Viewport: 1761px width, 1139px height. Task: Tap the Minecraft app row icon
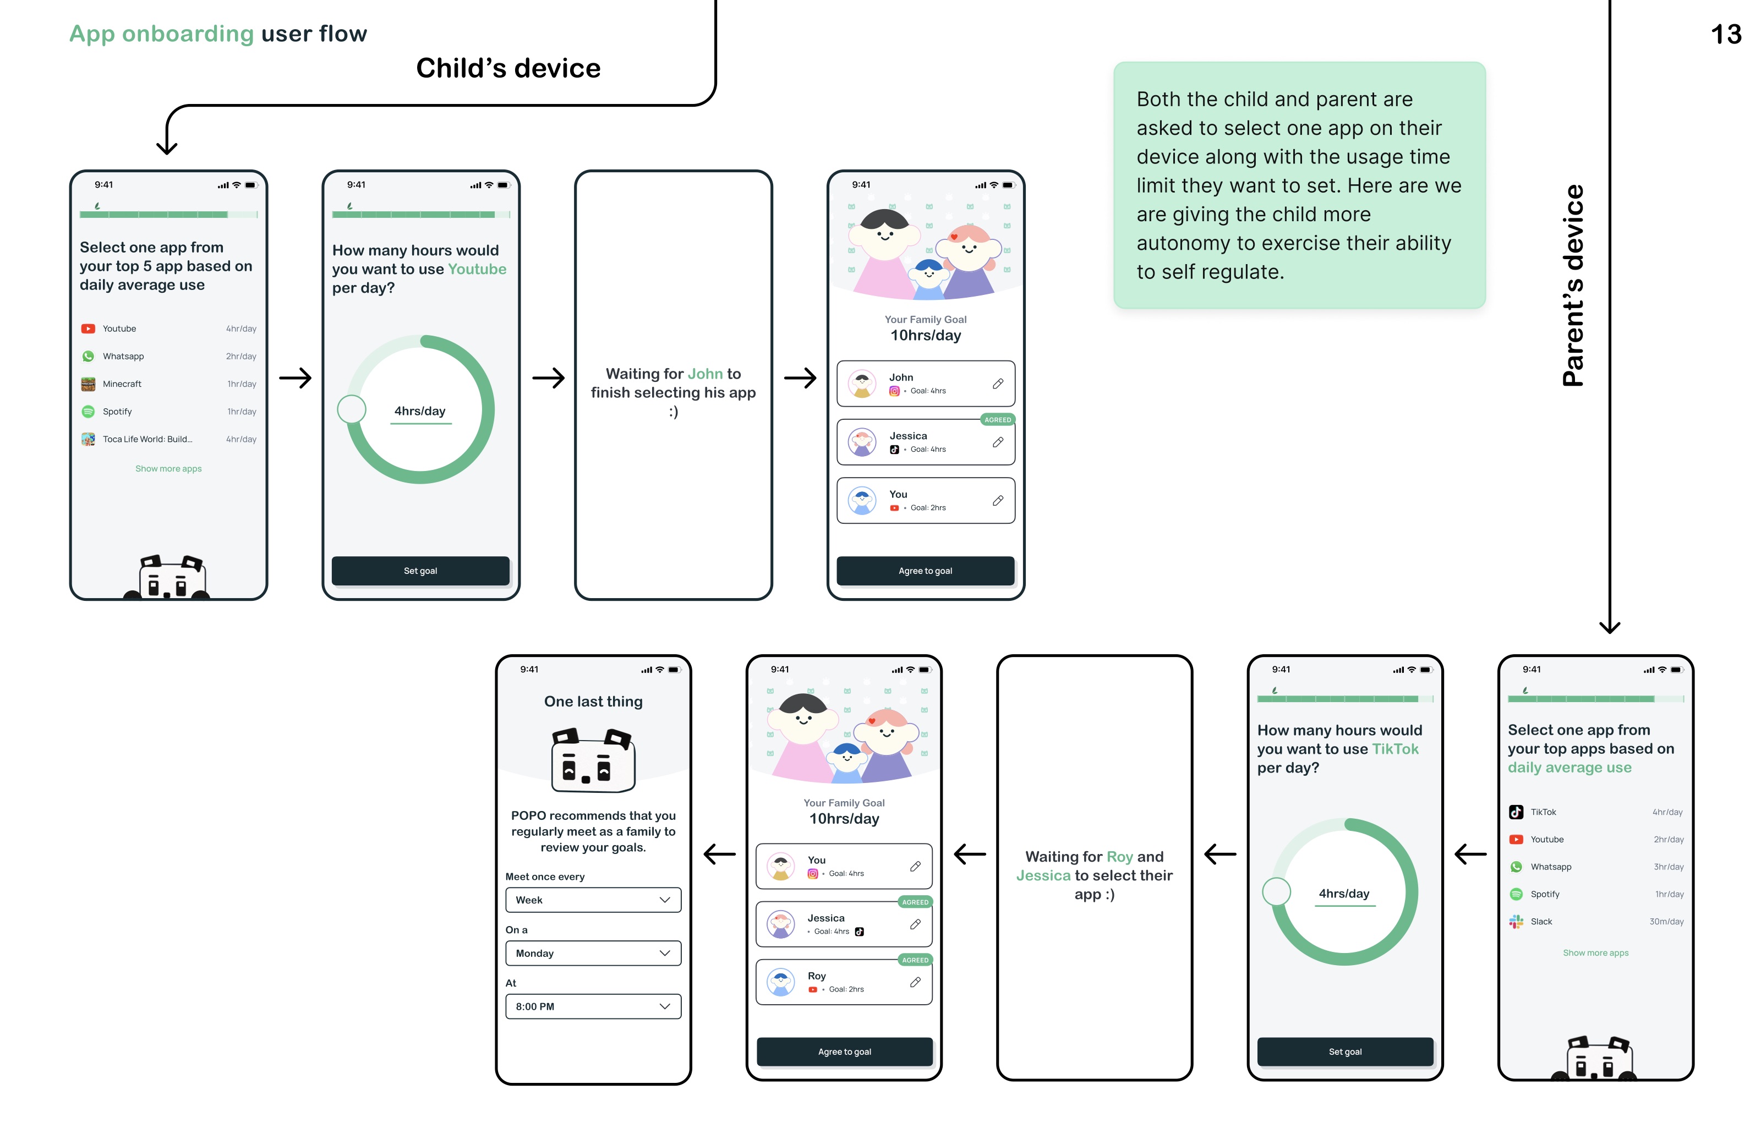point(88,384)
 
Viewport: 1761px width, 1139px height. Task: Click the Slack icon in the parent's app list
point(1516,922)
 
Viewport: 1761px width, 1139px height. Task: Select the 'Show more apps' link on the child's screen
point(168,469)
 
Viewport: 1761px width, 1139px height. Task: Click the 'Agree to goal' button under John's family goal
point(925,571)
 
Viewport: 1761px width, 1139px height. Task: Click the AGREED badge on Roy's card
point(914,960)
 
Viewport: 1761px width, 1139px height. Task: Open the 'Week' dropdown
point(593,900)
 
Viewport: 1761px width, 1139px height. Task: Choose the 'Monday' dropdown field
point(593,954)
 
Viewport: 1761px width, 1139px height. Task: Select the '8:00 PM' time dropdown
point(593,1006)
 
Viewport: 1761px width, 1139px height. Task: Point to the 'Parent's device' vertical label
point(1573,286)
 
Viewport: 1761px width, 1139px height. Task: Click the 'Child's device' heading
point(508,68)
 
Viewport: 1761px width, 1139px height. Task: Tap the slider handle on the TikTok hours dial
point(1276,891)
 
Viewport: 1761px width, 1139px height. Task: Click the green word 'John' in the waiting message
point(705,374)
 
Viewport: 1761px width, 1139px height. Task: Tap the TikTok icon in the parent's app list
point(1516,812)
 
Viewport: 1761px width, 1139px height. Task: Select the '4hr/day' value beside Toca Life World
point(241,439)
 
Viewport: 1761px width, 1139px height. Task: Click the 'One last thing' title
point(593,701)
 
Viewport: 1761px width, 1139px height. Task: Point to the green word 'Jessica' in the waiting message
point(1043,875)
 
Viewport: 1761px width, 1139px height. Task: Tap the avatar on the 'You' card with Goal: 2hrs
point(862,501)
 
